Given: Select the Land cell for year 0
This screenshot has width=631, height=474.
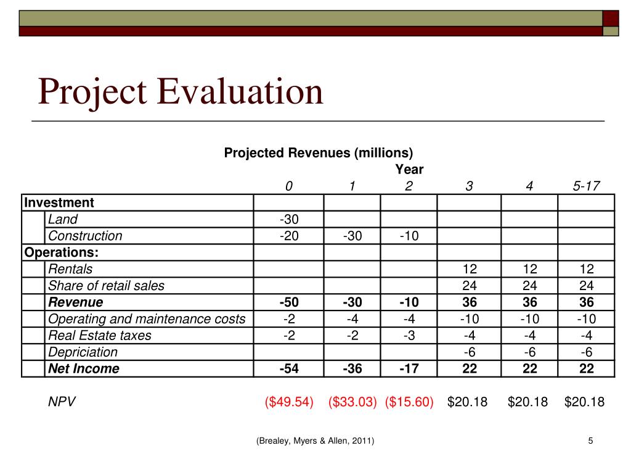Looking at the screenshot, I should [288, 219].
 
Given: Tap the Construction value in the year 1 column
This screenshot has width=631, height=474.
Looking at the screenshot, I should [352, 236].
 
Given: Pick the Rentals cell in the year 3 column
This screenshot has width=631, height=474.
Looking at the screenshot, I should [469, 269].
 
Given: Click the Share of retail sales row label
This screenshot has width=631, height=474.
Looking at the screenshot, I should [107, 286].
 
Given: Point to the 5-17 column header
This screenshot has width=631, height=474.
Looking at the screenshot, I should [586, 186].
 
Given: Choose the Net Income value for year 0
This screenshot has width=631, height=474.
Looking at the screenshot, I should [288, 369].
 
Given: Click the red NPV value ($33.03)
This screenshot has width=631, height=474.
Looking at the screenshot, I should [352, 402].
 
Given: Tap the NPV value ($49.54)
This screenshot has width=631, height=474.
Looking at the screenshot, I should [289, 402].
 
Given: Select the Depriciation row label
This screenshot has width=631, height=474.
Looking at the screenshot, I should [83, 352].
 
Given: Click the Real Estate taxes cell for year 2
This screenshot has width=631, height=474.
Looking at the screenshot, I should [409, 336].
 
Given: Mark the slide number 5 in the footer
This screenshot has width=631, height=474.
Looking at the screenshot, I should [590, 441].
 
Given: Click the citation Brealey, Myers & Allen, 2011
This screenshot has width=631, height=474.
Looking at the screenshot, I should [315, 441].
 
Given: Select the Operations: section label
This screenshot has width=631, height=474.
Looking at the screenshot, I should [61, 252].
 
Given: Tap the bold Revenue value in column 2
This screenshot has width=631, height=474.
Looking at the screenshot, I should [409, 302].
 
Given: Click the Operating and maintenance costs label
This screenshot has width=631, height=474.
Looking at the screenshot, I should [147, 319].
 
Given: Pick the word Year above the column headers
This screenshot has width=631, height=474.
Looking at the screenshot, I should [409, 169].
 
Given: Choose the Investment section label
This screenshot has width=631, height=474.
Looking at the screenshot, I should [59, 202].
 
